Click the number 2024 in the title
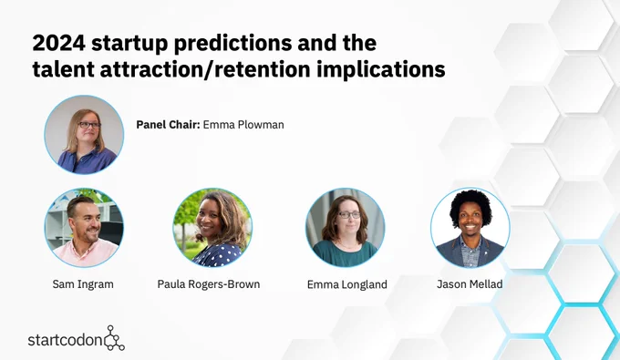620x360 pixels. (58, 43)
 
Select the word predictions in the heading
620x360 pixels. (232, 44)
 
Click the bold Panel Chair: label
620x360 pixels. (168, 125)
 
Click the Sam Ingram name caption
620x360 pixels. (83, 284)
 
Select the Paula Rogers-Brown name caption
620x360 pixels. (209, 284)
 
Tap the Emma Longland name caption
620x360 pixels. (347, 284)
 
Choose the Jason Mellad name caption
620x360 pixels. (470, 284)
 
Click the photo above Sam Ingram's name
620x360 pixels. (84, 228)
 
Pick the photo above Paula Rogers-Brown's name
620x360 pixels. (212, 228)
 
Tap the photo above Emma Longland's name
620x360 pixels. (346, 228)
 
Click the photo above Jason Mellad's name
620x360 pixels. (470, 228)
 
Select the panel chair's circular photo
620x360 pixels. (84, 135)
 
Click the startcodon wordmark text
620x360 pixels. (66, 340)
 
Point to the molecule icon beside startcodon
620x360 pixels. (114, 338)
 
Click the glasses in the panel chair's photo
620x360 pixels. (89, 125)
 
